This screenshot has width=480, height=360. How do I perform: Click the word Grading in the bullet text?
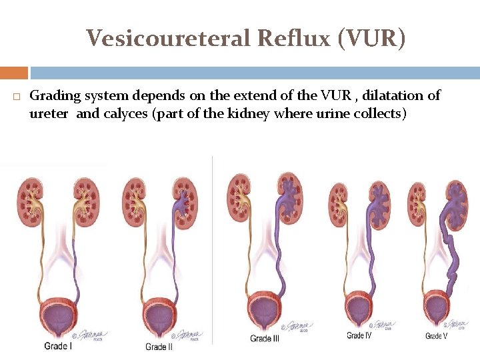pyautogui.click(x=54, y=96)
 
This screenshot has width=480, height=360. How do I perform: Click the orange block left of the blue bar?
pyautogui.click(x=14, y=73)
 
